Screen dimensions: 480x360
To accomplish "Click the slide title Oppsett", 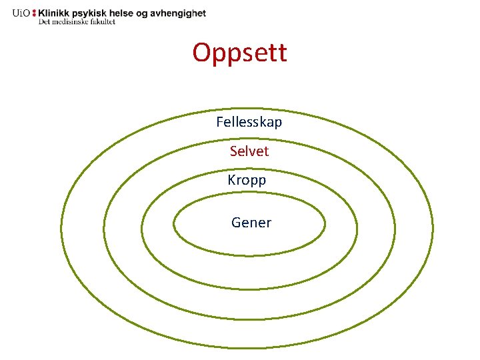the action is click(239, 53).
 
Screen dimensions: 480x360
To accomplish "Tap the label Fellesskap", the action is click(249, 123).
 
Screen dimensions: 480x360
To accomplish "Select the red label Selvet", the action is click(249, 151).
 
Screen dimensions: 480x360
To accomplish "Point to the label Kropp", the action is click(247, 180).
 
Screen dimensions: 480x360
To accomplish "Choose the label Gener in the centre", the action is click(251, 223).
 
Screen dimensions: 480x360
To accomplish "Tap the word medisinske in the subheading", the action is click(71, 22).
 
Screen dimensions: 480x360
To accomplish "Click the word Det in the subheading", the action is click(45, 22).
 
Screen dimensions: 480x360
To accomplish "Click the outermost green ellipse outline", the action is click(61, 230).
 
